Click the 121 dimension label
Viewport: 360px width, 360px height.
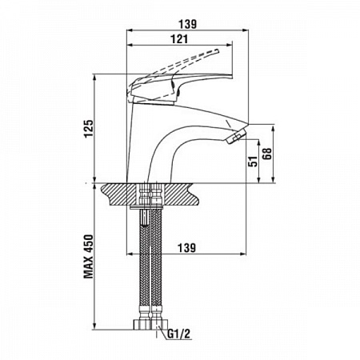pos(179,39)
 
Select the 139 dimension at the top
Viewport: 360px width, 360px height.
pos(187,24)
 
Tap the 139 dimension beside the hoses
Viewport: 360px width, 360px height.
pos(186,248)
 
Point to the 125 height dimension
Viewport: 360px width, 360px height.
pos(89,129)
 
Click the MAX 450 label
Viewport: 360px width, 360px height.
pos(89,257)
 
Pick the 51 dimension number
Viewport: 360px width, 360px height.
pos(253,161)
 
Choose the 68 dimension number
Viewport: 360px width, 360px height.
pos(267,154)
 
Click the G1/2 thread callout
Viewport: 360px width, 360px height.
pos(179,334)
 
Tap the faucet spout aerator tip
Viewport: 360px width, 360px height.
pos(236,136)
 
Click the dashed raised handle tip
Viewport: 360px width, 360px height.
pos(217,51)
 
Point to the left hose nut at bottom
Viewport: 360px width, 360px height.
pos(142,324)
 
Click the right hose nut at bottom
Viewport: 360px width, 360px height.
pos(159,324)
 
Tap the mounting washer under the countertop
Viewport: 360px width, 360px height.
pos(146,206)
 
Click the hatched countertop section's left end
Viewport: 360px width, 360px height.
pos(106,194)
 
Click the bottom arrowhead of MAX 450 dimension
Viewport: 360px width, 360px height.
pos(94,326)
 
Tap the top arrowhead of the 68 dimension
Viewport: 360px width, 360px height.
pos(273,129)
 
